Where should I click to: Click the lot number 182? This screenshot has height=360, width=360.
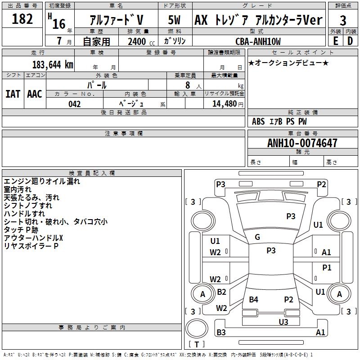[22, 19]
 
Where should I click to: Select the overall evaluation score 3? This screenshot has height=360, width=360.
[343, 20]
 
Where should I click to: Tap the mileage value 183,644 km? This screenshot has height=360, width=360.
[53, 65]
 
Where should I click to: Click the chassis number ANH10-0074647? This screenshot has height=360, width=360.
[302, 143]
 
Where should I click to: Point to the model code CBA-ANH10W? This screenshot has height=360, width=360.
[258, 41]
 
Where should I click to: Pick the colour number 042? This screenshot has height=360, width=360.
[75, 104]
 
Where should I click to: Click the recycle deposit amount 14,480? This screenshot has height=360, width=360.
[225, 104]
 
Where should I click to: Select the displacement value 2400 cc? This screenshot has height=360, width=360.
[141, 41]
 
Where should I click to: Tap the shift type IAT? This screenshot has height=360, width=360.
[13, 94]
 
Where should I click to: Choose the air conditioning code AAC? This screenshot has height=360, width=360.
[35, 94]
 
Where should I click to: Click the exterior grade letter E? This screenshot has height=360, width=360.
[336, 41]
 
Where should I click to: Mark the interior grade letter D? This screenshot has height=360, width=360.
[350, 41]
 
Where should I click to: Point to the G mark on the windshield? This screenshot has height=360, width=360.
[257, 237]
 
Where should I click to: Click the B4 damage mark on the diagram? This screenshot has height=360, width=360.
[253, 299]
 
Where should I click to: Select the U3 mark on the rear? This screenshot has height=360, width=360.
[283, 322]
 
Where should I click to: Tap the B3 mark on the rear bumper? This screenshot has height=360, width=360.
[221, 332]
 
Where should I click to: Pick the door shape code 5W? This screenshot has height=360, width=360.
[174, 20]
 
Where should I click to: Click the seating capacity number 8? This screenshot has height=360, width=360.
[188, 85]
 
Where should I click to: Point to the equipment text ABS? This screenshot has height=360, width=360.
[258, 121]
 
